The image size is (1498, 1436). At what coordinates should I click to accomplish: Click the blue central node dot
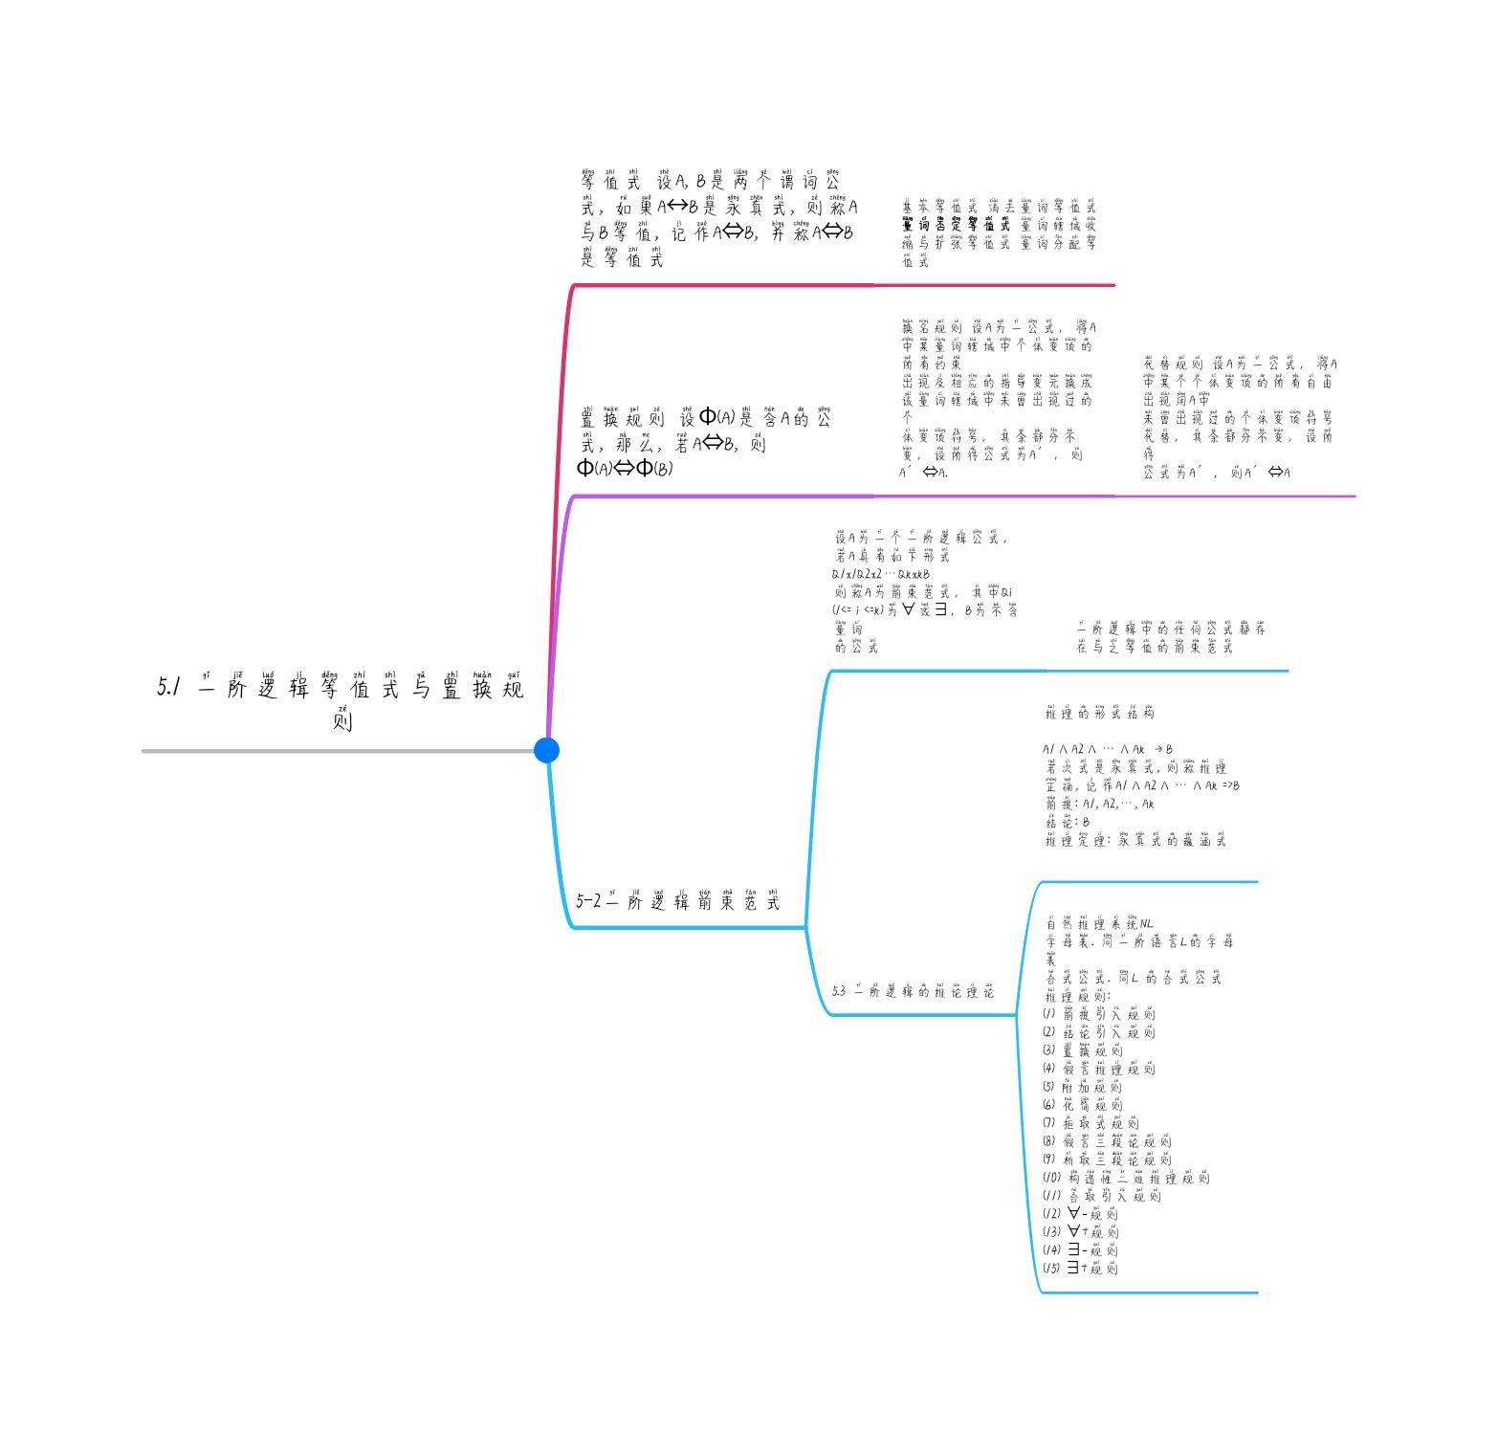[x=546, y=750]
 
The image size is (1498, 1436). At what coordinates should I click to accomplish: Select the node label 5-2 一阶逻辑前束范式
[x=678, y=901]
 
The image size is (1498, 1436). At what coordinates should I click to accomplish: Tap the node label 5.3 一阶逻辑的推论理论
[x=913, y=992]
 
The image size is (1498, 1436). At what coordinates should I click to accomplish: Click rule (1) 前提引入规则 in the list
[x=1099, y=1014]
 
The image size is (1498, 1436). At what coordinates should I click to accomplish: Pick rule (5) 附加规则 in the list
[x=1083, y=1087]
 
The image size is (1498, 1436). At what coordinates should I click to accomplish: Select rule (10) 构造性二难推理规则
[x=1126, y=1179]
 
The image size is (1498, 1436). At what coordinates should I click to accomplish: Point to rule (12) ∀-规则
[x=1080, y=1214]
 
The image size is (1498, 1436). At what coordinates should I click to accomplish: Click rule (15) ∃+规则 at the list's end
[x=1080, y=1269]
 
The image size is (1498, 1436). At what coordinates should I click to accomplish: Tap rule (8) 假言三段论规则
[x=1107, y=1141]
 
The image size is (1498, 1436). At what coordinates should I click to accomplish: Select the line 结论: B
[x=1068, y=822]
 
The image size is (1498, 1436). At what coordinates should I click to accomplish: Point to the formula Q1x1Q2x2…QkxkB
[x=881, y=574]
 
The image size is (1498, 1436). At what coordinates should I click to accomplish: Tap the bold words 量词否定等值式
[x=956, y=226]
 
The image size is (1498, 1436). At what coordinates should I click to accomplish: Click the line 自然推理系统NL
[x=1100, y=924]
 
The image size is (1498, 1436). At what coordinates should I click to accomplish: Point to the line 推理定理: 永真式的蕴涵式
[x=1135, y=841]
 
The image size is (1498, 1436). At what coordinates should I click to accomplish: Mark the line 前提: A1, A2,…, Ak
[x=1100, y=805]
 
